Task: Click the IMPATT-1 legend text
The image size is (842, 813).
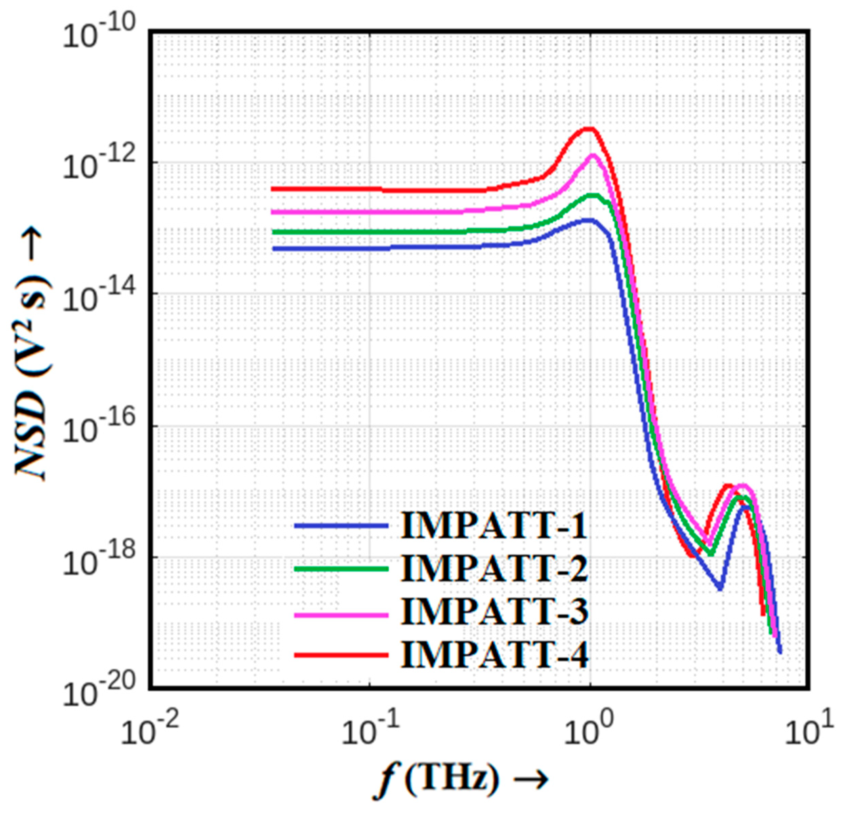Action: tap(494, 526)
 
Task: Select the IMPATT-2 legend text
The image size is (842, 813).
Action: tap(494, 568)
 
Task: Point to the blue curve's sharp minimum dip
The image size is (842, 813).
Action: tap(720, 588)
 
